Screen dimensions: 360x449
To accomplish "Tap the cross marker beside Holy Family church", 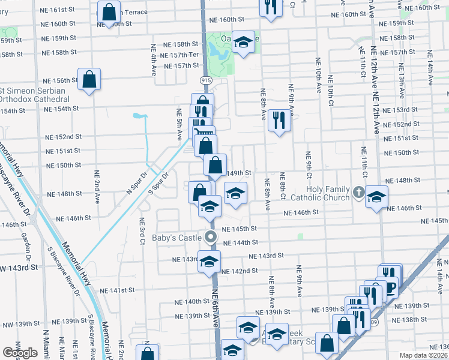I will (359, 193).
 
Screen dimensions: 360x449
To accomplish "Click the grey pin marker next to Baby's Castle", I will (210, 237).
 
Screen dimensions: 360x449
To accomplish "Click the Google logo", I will (19, 353).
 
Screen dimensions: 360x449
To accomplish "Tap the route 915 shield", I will (206, 80).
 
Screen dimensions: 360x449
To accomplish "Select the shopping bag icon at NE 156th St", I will (89, 79).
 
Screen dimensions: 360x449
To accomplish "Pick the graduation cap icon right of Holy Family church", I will (376, 197).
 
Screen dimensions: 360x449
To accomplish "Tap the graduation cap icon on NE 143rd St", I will (209, 262).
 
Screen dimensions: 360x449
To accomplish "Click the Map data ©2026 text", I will (423, 355).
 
